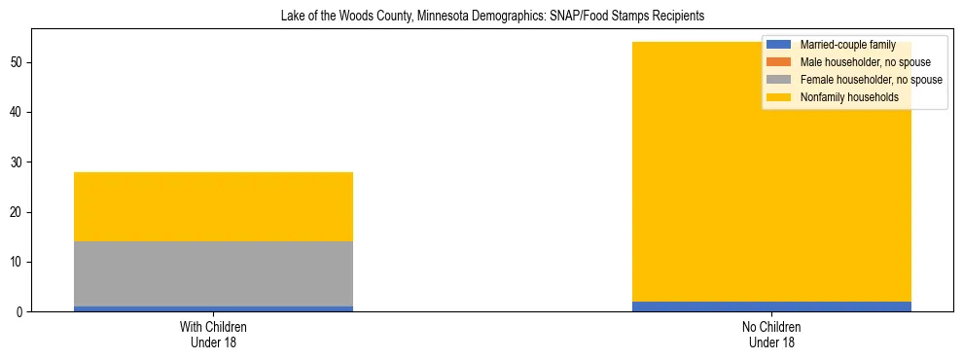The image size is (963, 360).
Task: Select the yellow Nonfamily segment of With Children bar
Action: click(213, 206)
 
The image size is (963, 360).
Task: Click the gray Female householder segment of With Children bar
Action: click(213, 273)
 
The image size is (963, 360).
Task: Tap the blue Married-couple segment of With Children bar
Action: click(213, 308)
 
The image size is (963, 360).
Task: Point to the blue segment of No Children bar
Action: click(771, 306)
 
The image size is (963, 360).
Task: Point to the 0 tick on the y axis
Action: click(20, 312)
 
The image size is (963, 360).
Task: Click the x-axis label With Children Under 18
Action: click(213, 335)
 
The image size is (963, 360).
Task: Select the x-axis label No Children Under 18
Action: click(771, 335)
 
